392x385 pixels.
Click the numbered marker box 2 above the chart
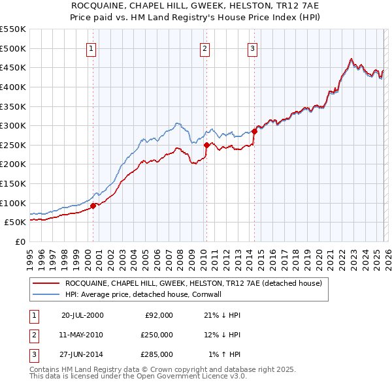tap(204, 48)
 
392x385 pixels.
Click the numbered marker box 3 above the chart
tap(252, 48)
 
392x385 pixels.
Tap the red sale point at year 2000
tap(93, 206)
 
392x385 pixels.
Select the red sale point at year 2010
tap(206, 145)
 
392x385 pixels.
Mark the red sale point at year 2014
tap(254, 131)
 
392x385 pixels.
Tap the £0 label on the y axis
tap(20, 241)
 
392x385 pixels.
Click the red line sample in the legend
tap(46, 284)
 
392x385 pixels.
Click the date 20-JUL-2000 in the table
tap(82, 315)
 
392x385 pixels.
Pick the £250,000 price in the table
tap(157, 335)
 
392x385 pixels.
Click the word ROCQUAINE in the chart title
tap(104, 5)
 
